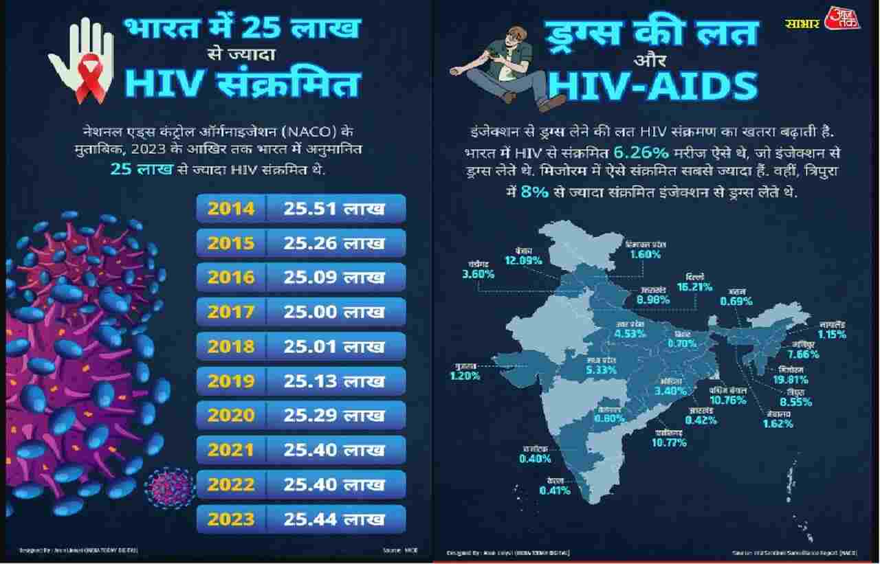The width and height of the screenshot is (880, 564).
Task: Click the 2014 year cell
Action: [x=231, y=209]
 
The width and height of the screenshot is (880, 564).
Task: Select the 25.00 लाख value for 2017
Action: [x=335, y=312]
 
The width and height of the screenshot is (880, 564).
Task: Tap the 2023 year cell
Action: [x=231, y=519]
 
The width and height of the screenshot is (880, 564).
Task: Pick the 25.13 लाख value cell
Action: [x=335, y=381]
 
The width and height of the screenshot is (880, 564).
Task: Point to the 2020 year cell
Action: [x=231, y=415]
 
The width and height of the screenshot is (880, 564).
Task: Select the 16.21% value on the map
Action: [x=694, y=286]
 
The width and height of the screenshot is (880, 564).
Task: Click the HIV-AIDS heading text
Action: [x=652, y=86]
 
